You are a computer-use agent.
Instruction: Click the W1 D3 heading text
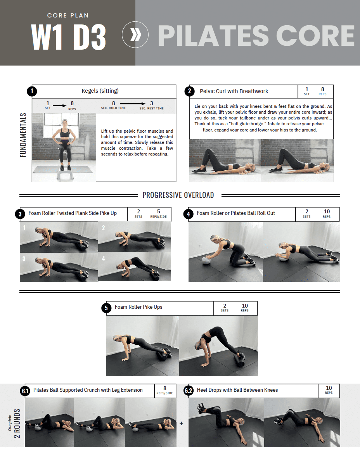pos(68,37)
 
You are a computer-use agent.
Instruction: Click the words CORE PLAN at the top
pos(68,16)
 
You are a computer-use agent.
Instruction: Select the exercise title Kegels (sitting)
pos(100,91)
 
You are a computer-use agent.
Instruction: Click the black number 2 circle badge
pos(189,91)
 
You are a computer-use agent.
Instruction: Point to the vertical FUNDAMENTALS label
pos(24,135)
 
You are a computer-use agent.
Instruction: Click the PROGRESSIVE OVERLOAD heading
pos(178,195)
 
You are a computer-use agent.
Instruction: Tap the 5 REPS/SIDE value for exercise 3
pos(158,214)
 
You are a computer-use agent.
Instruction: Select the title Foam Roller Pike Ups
pos(138,307)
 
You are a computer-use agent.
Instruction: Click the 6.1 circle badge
pos(25,391)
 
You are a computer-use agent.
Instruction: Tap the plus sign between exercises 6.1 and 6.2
pos(181,424)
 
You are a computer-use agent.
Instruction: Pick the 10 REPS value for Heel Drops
pos(329,389)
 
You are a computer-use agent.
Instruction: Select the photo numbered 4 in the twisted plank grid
pos(134,266)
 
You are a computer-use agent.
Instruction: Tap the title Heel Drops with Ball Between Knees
pos(237,390)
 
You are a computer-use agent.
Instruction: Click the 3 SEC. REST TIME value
pos(152,106)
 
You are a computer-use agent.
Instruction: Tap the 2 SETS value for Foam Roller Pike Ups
pos(225,308)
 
